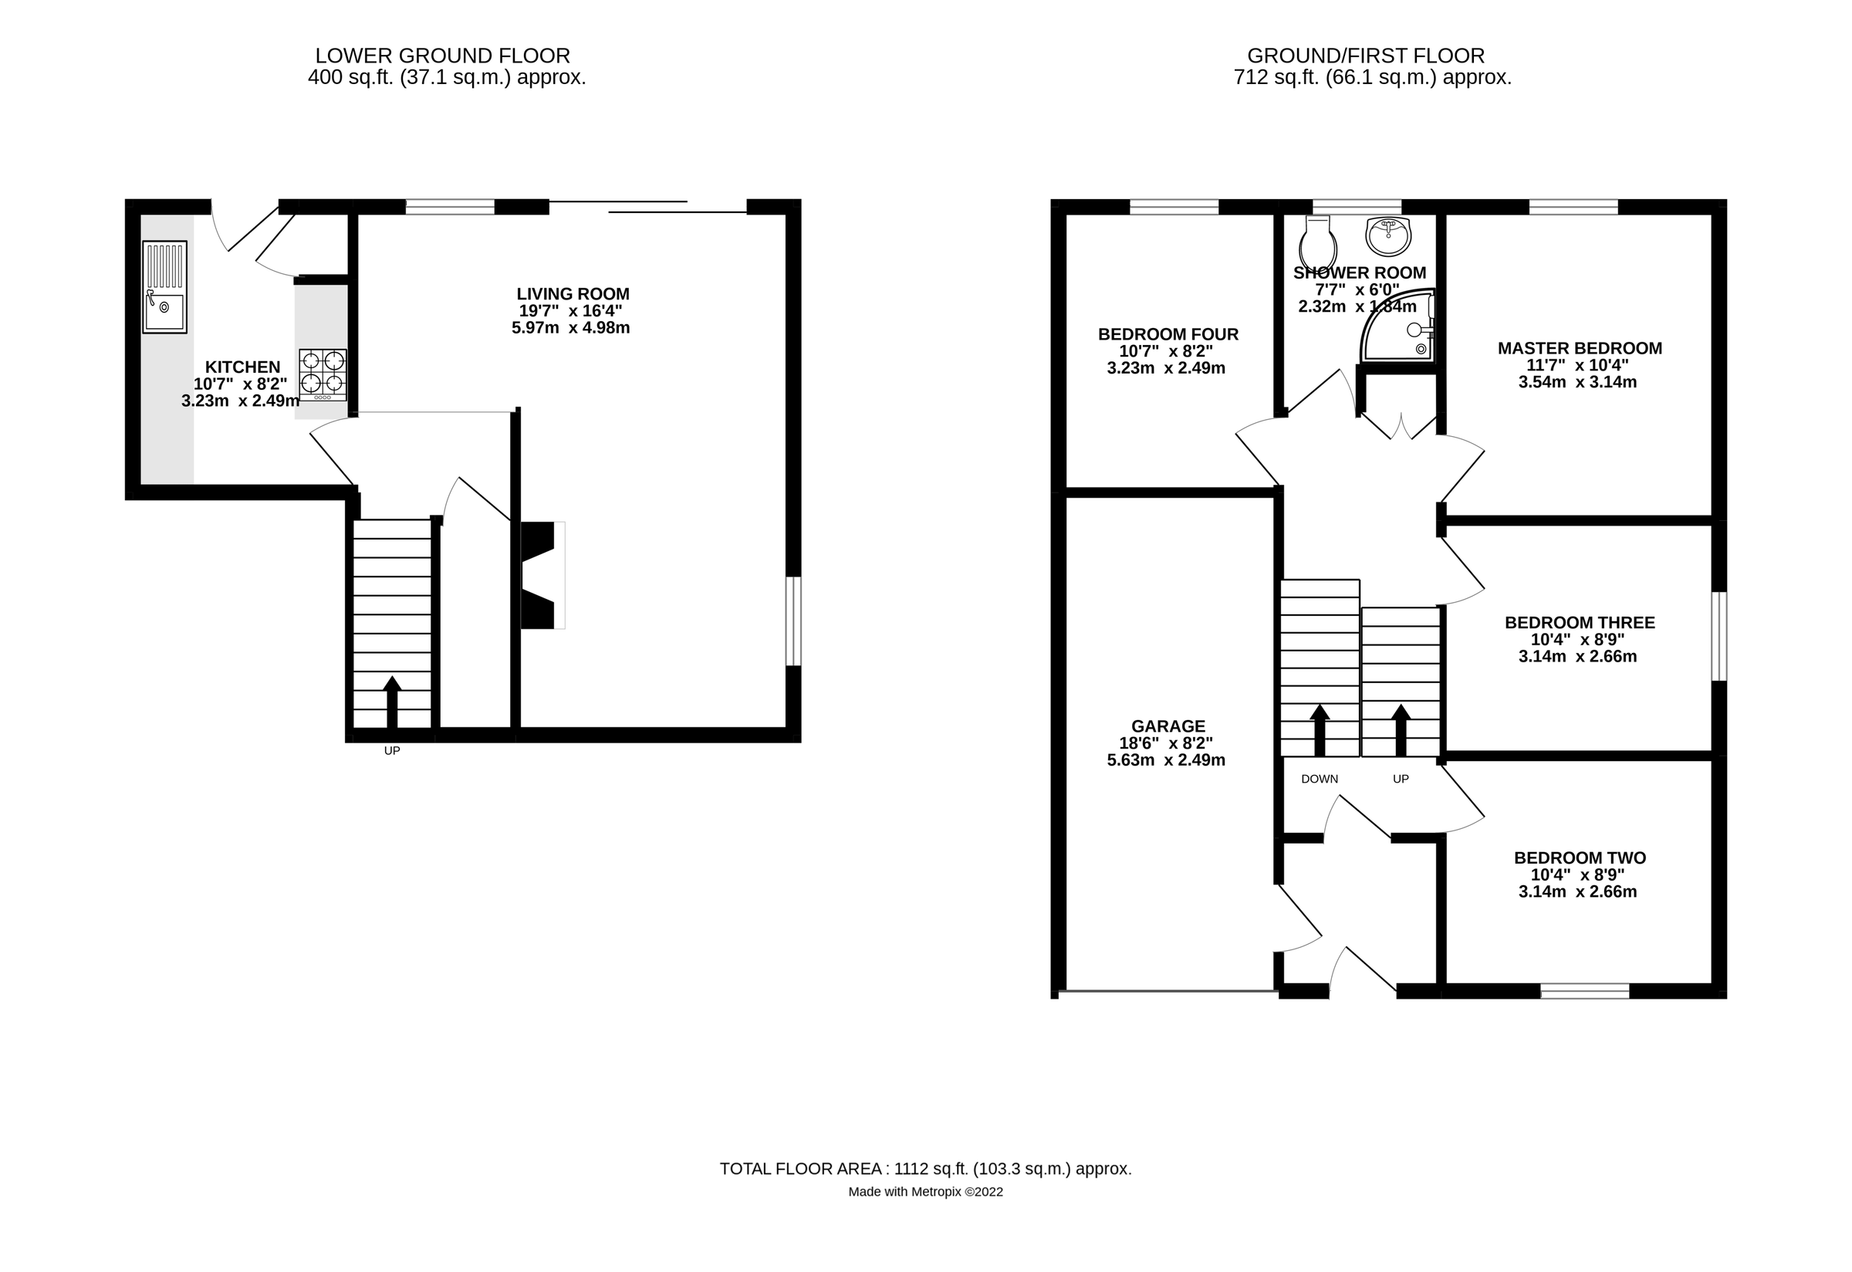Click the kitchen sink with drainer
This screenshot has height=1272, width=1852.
click(165, 287)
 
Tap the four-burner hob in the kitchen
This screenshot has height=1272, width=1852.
click(323, 374)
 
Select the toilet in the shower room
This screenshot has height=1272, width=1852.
click(1317, 242)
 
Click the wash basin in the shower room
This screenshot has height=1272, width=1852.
click(1387, 235)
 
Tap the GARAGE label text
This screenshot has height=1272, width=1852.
click(1168, 726)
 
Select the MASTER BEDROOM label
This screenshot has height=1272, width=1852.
click(1579, 348)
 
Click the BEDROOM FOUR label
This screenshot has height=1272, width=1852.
click(1168, 335)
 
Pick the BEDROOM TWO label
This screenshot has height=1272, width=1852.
click(1579, 858)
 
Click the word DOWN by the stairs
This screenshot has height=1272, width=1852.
click(1319, 779)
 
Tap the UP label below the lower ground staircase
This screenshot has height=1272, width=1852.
click(391, 751)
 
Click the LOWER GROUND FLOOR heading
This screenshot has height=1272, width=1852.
click(442, 56)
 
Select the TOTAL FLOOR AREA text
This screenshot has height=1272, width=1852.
click(924, 1169)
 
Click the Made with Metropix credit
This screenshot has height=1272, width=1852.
click(924, 1192)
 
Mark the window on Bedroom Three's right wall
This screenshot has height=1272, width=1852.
click(1719, 636)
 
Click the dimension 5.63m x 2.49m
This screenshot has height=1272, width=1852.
click(1165, 760)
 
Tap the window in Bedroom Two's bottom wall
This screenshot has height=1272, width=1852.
click(1584, 990)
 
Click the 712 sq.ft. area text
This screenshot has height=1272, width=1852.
click(1371, 78)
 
